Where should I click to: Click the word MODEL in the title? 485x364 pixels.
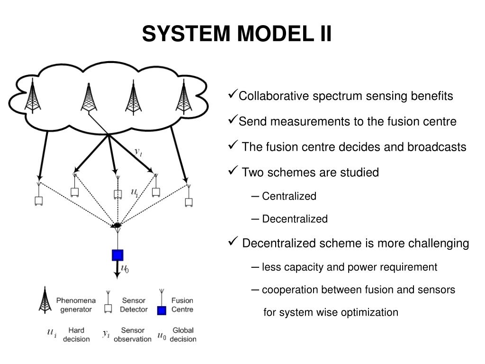pos(275,34)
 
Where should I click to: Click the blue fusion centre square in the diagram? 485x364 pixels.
pos(117,255)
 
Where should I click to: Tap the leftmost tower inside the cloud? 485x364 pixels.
pos(33,95)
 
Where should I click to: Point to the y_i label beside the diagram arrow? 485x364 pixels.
pos(138,152)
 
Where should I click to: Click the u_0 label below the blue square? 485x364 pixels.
pos(125,268)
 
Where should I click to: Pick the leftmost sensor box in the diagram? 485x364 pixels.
pos(39,201)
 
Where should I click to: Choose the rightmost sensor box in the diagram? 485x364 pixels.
pos(189,202)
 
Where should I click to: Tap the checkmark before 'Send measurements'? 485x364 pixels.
pos(233,119)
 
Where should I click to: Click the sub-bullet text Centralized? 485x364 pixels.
pos(289,196)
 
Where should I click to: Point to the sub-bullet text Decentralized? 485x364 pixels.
pos(295,219)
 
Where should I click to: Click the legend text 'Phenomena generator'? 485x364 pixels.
pos(76,305)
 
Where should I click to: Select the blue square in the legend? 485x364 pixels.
pos(162,310)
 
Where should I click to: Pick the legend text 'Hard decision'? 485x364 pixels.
pos(76,335)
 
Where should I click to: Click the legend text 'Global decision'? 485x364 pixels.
pos(183,335)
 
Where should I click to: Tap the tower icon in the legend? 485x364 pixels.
pos(45,300)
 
